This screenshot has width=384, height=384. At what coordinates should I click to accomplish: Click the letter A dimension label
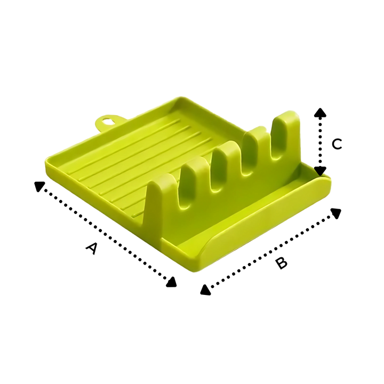(92, 249)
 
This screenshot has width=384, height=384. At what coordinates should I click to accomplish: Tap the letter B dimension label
(281, 263)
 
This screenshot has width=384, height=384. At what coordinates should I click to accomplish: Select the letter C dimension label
(337, 144)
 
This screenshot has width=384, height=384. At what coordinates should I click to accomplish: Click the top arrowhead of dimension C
(320, 113)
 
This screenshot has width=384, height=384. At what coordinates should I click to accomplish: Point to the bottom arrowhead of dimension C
(320, 171)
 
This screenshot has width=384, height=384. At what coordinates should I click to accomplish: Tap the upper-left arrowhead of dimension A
(39, 186)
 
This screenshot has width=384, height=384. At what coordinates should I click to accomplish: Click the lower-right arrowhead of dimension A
(171, 282)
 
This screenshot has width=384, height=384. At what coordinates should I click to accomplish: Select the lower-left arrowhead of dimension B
(205, 290)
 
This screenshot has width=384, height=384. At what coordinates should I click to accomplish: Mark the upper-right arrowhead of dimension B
(336, 213)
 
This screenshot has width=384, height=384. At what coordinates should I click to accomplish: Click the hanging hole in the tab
(107, 121)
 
